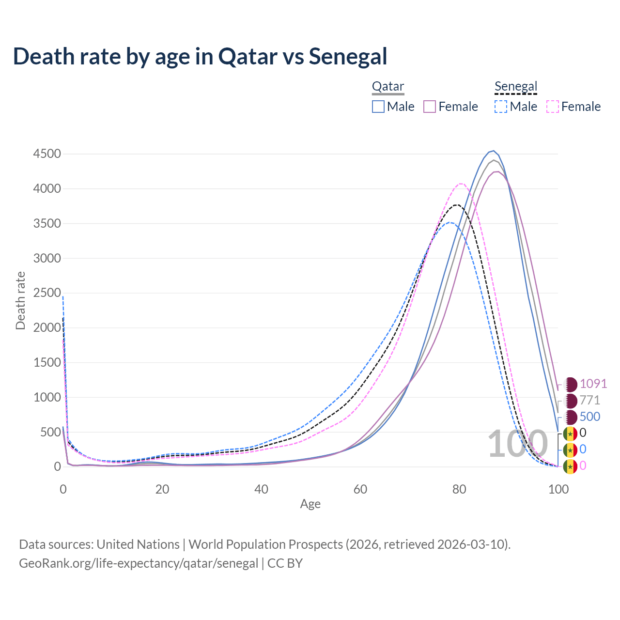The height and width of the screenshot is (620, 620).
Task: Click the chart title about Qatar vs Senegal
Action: coord(200,56)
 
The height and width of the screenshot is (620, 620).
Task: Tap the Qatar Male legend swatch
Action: coord(378,107)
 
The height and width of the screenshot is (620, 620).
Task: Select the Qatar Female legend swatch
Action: coord(430,107)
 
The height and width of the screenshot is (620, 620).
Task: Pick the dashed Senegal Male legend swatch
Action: coord(501,107)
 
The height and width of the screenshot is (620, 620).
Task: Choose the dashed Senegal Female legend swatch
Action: coord(552,107)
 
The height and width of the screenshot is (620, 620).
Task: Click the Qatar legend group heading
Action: coord(388,87)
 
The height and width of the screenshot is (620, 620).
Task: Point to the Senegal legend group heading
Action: coord(516,87)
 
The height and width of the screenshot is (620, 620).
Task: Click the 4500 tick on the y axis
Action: coord(47,154)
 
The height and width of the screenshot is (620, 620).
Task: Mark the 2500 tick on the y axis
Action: coord(47,293)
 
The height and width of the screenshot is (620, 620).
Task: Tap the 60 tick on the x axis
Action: coord(360,489)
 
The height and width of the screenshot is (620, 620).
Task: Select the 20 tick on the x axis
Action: coord(162,489)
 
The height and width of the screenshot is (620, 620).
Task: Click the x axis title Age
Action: coord(310,504)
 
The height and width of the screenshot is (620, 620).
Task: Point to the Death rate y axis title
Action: coord(20,301)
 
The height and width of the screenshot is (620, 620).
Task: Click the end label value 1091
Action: coord(593,384)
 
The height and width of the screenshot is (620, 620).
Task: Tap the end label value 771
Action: coord(590,400)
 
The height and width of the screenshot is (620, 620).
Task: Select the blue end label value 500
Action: coord(590,417)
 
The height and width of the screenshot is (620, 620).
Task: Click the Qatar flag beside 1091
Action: coord(571,384)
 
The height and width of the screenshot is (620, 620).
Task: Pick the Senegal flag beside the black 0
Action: coord(570,433)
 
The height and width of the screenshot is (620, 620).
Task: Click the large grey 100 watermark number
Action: coord(517,444)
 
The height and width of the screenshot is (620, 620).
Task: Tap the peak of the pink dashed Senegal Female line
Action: coord(460,184)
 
